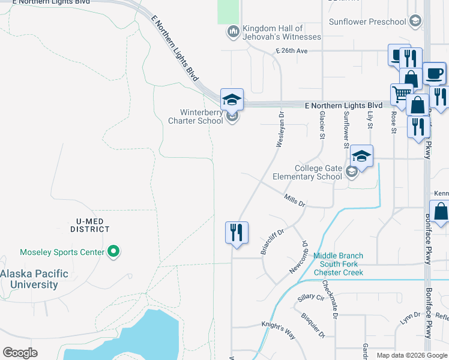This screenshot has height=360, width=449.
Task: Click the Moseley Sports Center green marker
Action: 113,253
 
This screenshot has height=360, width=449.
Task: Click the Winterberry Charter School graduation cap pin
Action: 232,99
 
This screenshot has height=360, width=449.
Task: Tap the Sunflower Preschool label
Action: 367,22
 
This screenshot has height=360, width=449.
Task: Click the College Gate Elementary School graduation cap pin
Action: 362,156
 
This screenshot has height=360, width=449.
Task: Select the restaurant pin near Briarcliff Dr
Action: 237,232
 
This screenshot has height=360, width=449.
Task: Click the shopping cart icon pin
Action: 400,94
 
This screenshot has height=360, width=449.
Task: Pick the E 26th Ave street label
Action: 292,51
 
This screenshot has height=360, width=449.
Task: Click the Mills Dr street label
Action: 295,200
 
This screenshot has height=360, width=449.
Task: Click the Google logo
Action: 20,353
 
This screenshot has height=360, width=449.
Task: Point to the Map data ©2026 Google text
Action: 411,355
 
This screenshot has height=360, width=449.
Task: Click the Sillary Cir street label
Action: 310,297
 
